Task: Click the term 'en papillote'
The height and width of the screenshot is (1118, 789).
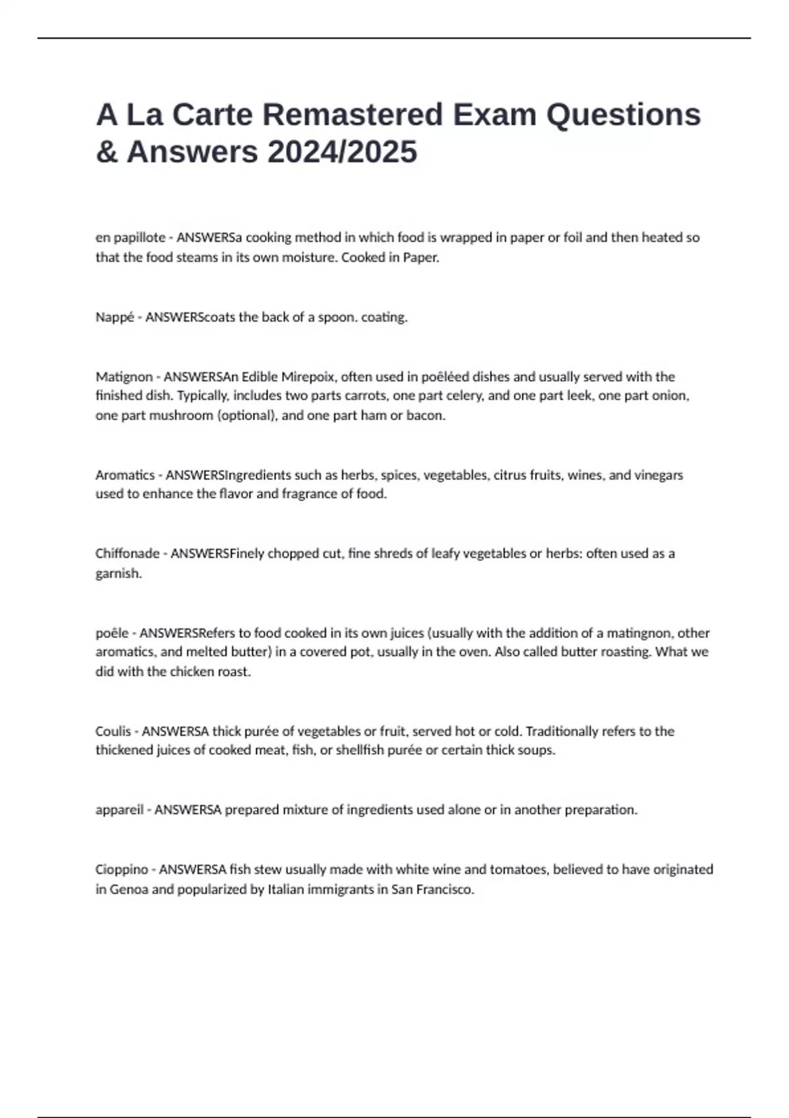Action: tap(130, 237)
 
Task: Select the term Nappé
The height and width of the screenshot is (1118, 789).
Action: tap(114, 317)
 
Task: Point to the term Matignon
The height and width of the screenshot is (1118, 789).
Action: tap(124, 377)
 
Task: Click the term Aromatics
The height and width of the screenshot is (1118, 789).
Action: tap(125, 475)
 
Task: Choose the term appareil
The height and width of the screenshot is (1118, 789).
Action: tap(119, 810)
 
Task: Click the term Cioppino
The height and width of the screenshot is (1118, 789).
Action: tap(122, 869)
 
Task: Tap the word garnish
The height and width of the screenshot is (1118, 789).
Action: tap(118, 573)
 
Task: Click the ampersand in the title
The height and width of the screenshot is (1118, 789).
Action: tap(106, 152)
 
